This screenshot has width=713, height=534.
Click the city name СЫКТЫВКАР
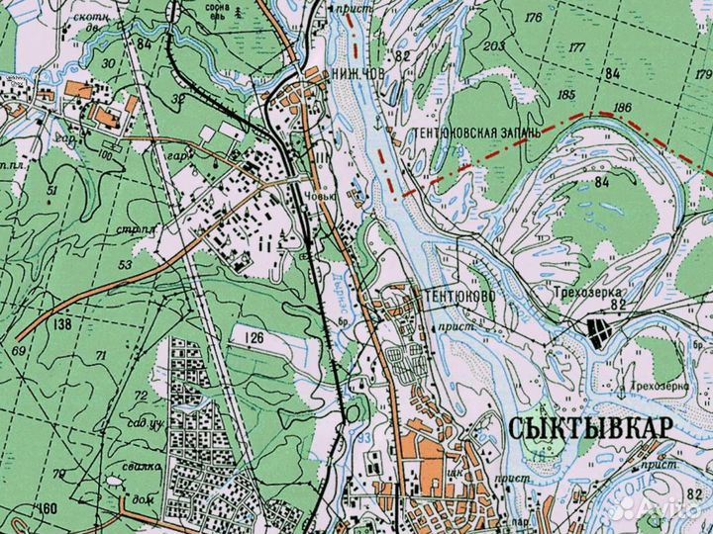[590, 427]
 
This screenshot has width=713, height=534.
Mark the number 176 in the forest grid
[560, 18]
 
